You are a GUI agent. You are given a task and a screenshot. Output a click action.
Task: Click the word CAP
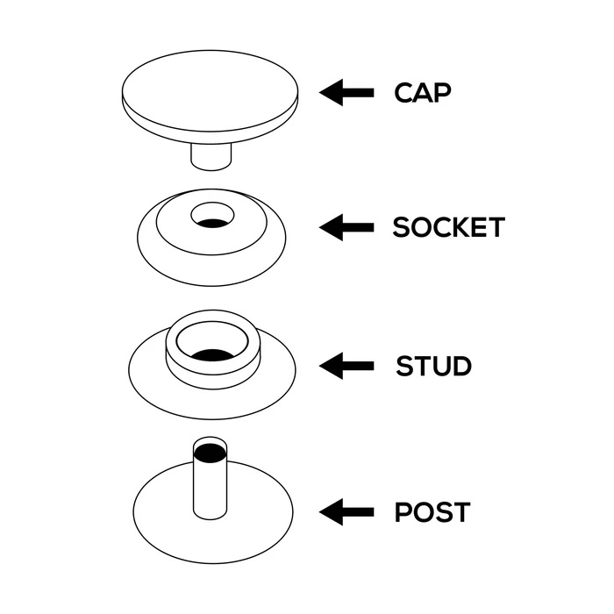423,93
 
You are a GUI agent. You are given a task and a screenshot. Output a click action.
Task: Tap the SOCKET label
449,227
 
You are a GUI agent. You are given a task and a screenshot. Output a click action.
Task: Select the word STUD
433,366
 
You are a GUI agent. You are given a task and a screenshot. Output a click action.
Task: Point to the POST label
432,511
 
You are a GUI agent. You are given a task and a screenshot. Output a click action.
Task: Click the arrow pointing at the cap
346,93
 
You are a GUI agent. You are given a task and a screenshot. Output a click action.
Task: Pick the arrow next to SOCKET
346,227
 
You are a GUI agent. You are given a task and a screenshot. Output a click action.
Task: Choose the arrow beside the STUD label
346,366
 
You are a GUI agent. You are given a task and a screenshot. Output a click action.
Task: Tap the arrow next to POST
346,511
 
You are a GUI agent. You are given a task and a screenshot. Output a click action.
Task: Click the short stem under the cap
211,157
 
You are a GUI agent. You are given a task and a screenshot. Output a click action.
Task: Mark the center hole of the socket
212,216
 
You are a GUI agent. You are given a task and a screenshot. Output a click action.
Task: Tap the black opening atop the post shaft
211,453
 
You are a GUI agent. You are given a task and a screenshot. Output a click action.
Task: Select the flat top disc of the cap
210,91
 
